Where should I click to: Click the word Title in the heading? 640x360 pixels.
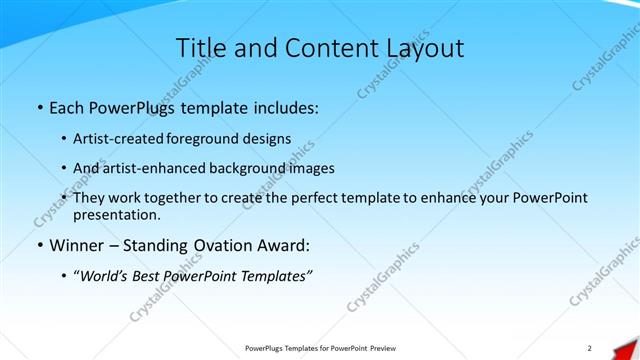point(198,48)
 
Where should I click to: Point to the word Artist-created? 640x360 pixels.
point(119,138)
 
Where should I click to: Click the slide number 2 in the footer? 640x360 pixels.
point(590,348)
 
